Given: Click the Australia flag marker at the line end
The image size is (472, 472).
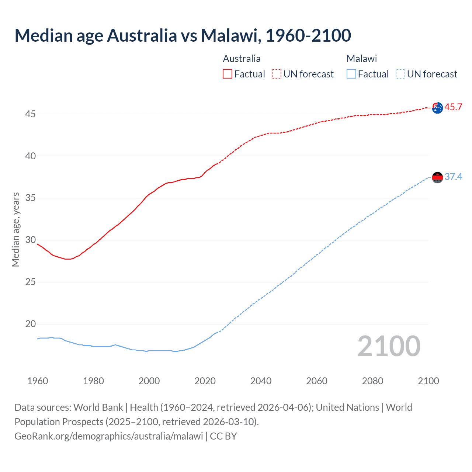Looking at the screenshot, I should click(x=437, y=108).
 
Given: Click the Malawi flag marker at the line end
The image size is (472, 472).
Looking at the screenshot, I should click(x=437, y=177).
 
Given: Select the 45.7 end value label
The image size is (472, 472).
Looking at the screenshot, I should click(x=453, y=107).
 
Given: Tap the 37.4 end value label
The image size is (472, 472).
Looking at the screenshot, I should click(x=453, y=177).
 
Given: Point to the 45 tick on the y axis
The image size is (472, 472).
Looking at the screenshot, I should click(x=30, y=114).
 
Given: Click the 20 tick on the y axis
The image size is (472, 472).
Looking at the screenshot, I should click(x=30, y=324).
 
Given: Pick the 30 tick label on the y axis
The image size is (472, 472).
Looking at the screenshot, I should click(x=30, y=240).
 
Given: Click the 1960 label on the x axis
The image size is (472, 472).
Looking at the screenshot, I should click(x=38, y=381).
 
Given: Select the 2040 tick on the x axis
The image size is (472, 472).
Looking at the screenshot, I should click(x=261, y=381).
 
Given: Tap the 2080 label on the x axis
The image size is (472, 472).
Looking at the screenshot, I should click(x=372, y=381).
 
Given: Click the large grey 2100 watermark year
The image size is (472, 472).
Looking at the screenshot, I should click(x=389, y=346).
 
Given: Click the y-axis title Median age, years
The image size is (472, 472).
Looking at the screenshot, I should click(x=15, y=229).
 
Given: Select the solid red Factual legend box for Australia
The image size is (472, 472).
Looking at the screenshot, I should click(x=228, y=74).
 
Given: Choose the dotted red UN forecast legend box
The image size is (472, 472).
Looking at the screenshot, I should click(x=277, y=74).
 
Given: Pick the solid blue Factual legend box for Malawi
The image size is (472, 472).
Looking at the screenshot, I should click(x=351, y=74).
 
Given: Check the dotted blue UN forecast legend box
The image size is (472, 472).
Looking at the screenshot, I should click(x=400, y=74).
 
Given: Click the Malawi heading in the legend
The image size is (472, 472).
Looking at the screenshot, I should click(x=361, y=59).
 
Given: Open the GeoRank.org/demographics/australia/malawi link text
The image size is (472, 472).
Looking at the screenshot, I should click(x=109, y=436).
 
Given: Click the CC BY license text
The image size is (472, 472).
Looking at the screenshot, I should click(x=223, y=436).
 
